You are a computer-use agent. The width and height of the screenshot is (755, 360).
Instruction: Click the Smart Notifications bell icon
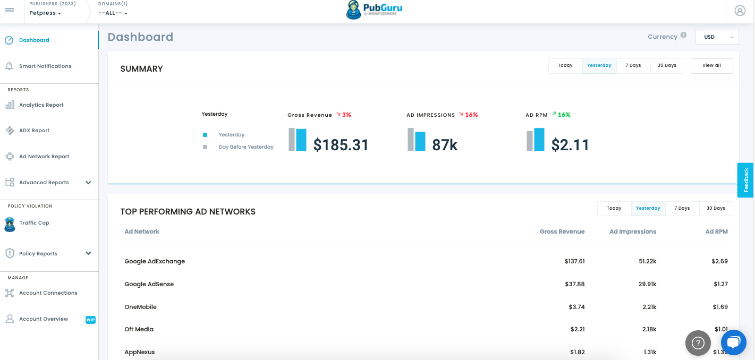pos(10,66)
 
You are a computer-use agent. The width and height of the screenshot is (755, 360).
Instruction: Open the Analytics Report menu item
pos(41,105)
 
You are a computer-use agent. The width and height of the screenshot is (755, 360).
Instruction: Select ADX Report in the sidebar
pos(34,130)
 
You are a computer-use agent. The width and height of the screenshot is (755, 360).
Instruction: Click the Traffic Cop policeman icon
pos(10,224)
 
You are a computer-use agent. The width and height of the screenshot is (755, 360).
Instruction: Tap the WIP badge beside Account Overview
pos(90,320)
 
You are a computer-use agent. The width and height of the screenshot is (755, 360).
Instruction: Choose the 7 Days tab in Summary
pos(633,65)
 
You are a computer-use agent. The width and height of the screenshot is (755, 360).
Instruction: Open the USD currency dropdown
pos(717,37)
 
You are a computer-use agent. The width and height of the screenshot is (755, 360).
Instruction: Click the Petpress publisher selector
pos(45,13)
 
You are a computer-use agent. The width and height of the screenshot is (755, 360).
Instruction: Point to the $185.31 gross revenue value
pos(341,145)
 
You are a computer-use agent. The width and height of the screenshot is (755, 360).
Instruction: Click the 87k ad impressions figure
pos(445,145)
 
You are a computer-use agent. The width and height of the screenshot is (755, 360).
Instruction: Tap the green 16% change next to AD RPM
pos(564,115)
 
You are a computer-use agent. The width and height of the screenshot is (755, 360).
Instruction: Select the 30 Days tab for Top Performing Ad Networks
pos(716,208)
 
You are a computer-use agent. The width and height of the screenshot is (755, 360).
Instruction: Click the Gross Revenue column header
pos(562,232)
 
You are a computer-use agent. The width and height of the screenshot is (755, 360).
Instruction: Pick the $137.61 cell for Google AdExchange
pos(575,261)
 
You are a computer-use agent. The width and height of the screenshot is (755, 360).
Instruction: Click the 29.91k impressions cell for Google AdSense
pos(647,284)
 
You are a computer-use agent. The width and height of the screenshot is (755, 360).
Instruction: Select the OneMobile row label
pos(141,307)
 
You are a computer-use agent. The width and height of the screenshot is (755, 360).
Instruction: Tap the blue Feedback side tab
pos(745,180)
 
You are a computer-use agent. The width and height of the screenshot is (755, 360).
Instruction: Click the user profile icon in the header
pos(740,11)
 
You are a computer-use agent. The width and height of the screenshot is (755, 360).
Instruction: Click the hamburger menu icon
pos(10,10)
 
